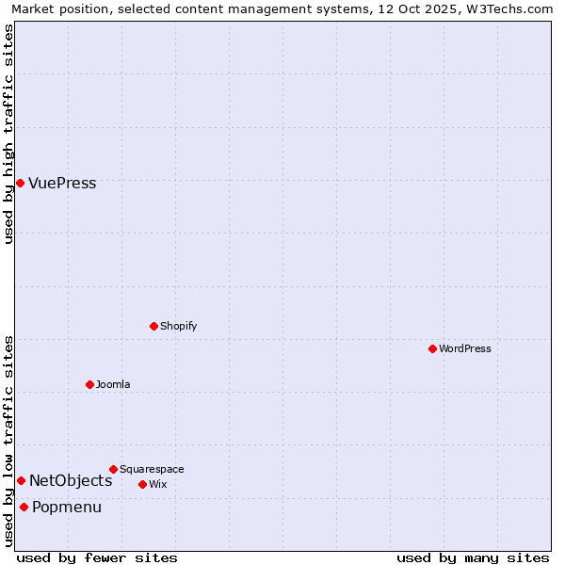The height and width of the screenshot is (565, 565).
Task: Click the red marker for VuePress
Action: pos(20,183)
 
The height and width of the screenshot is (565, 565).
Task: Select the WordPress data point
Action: pos(432,348)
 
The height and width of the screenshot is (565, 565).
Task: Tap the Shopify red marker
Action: pos(153,326)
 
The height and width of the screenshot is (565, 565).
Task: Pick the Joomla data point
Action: pos(89,384)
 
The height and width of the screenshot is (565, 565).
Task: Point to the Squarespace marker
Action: pos(113,469)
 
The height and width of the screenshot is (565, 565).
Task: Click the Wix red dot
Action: pos(142,484)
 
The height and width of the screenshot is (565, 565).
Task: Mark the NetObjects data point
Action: pos(21,480)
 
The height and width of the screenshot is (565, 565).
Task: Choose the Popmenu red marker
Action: pos(24,507)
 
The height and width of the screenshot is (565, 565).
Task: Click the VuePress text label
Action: pos(62,183)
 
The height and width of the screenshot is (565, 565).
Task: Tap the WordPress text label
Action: pos(465,348)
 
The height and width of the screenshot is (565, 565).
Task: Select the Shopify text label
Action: pos(179,326)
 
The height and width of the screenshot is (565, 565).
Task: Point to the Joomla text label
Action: pos(113,384)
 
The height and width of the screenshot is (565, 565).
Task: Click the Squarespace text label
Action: pos(152,469)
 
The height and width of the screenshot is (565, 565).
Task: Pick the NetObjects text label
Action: pos(71,480)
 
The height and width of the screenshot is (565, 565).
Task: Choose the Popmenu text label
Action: pos(67,507)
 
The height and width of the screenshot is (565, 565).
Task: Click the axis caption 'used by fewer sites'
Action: pos(97,557)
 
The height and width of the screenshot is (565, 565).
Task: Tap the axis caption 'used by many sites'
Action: pos(473,557)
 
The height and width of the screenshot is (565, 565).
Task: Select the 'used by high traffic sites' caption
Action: pos(8,134)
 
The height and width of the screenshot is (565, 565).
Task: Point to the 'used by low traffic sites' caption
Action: pos(8,440)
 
